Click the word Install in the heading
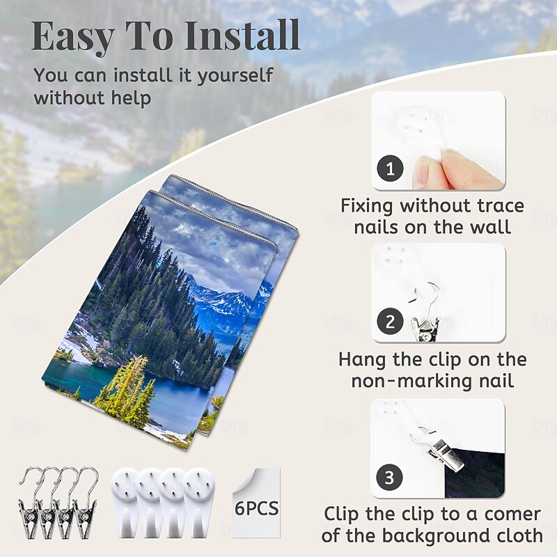(242, 36)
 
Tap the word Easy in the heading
(73, 38)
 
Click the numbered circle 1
(390, 168)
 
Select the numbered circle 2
(390, 321)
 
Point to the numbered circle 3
(389, 477)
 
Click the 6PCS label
(256, 508)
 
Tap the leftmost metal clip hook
(30, 502)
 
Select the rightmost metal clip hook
(85, 502)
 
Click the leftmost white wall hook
(124, 501)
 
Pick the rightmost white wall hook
(198, 501)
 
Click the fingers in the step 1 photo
(455, 170)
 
